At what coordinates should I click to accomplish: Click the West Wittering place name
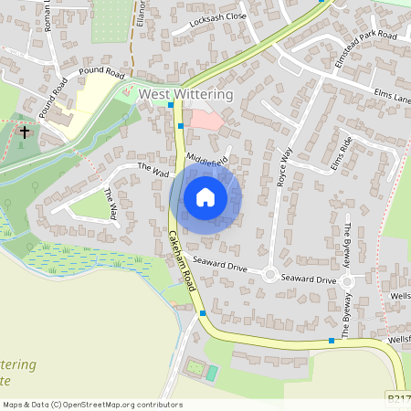click(185, 94)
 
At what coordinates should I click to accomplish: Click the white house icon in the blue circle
click(205, 197)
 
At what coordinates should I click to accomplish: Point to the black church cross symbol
click(24, 132)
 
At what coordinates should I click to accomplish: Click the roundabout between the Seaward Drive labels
click(270, 273)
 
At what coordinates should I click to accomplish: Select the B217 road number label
click(398, 399)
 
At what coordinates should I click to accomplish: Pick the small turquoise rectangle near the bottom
click(212, 373)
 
